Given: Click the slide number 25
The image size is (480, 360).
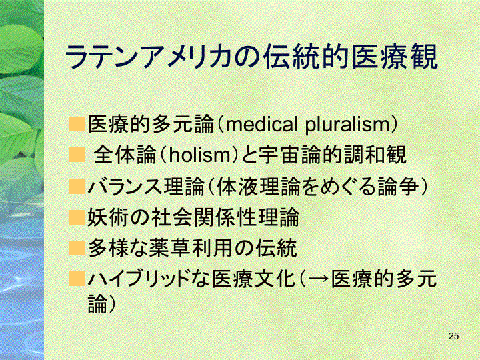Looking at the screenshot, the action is (x=454, y=336).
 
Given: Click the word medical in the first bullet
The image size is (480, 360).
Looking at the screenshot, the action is (x=261, y=124).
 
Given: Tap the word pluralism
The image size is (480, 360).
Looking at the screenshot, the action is (x=347, y=125).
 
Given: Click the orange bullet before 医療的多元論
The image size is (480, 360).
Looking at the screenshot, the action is (x=76, y=124).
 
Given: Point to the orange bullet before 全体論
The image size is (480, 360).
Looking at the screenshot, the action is (x=76, y=155).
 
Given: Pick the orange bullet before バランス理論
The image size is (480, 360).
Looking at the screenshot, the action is (x=76, y=187).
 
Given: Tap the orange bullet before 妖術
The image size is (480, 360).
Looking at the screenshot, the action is (x=76, y=217).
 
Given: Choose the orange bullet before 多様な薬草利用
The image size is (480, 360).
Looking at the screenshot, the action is (x=76, y=248).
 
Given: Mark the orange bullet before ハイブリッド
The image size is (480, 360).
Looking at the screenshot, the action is (x=76, y=279).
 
